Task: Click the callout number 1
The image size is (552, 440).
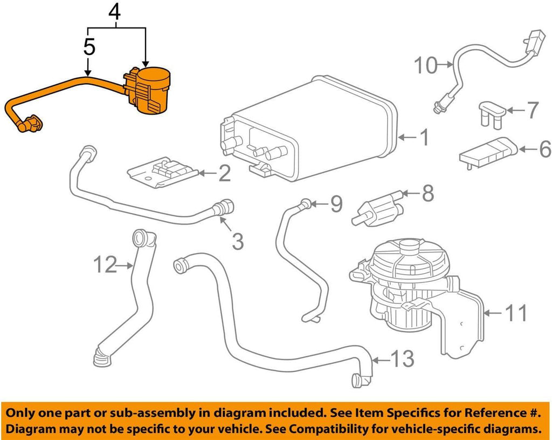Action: (x=424, y=138)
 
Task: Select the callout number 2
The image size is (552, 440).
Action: (x=224, y=173)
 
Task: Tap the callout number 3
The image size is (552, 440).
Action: (x=238, y=241)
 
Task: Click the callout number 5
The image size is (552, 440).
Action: (x=89, y=48)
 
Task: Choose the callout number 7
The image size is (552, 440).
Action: (x=532, y=111)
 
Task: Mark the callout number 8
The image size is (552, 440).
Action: (x=427, y=193)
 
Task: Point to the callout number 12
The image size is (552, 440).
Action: (x=105, y=265)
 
